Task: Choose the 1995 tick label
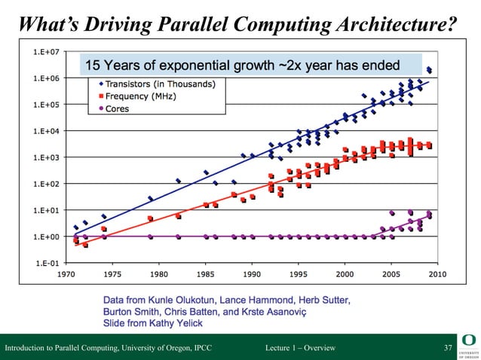point(299,275)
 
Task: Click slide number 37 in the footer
point(448,347)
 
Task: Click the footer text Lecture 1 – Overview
point(300,347)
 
